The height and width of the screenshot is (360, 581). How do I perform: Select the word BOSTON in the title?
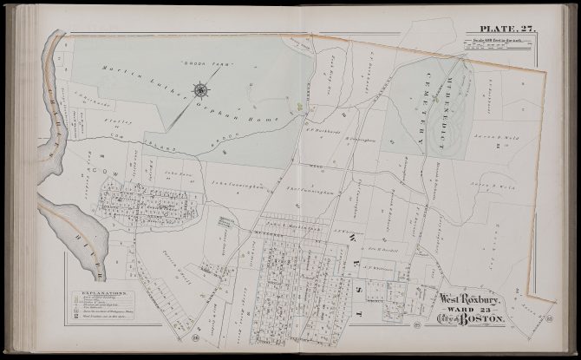coord(491,320)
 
